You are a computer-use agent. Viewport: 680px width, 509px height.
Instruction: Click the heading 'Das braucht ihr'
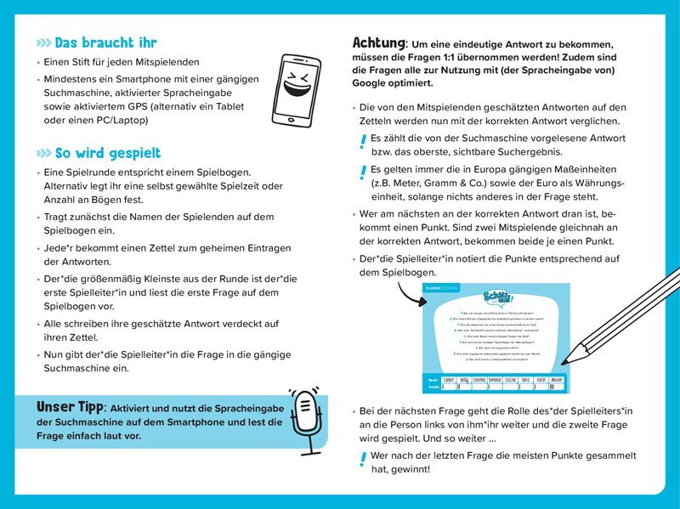(105, 42)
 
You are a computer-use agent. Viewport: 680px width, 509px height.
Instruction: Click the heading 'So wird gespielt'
(107, 153)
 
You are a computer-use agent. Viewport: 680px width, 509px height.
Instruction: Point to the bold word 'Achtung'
(378, 42)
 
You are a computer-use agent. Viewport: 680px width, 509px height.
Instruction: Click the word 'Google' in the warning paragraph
(372, 82)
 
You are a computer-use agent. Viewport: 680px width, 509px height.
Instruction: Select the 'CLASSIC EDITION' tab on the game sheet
(442, 287)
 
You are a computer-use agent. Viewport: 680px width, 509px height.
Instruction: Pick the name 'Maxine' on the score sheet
(556, 380)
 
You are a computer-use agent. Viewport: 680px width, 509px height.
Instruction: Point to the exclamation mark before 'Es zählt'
(363, 142)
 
